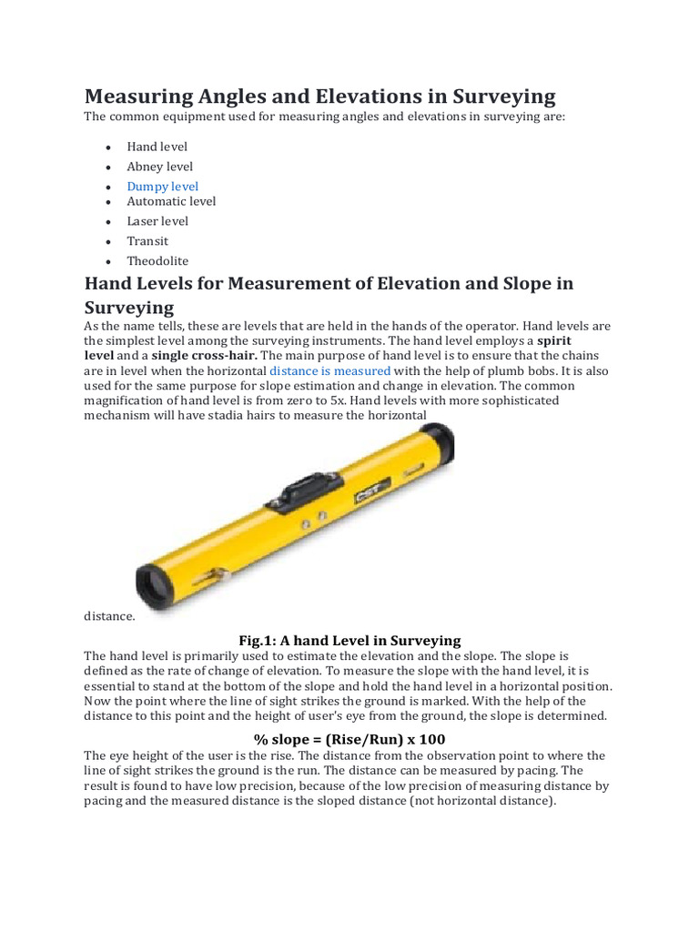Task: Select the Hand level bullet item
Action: [157, 147]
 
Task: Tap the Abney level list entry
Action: [159, 167]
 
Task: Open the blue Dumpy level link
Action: [162, 187]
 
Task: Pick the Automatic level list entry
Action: [171, 201]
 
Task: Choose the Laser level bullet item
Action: [157, 221]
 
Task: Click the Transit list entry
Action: [147, 241]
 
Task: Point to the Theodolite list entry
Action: [157, 261]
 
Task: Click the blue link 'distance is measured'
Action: [329, 371]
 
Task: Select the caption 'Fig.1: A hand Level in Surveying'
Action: [349, 640]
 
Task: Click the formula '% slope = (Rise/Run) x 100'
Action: [349, 738]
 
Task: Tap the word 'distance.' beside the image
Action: [109, 616]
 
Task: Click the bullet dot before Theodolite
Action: [107, 262]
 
